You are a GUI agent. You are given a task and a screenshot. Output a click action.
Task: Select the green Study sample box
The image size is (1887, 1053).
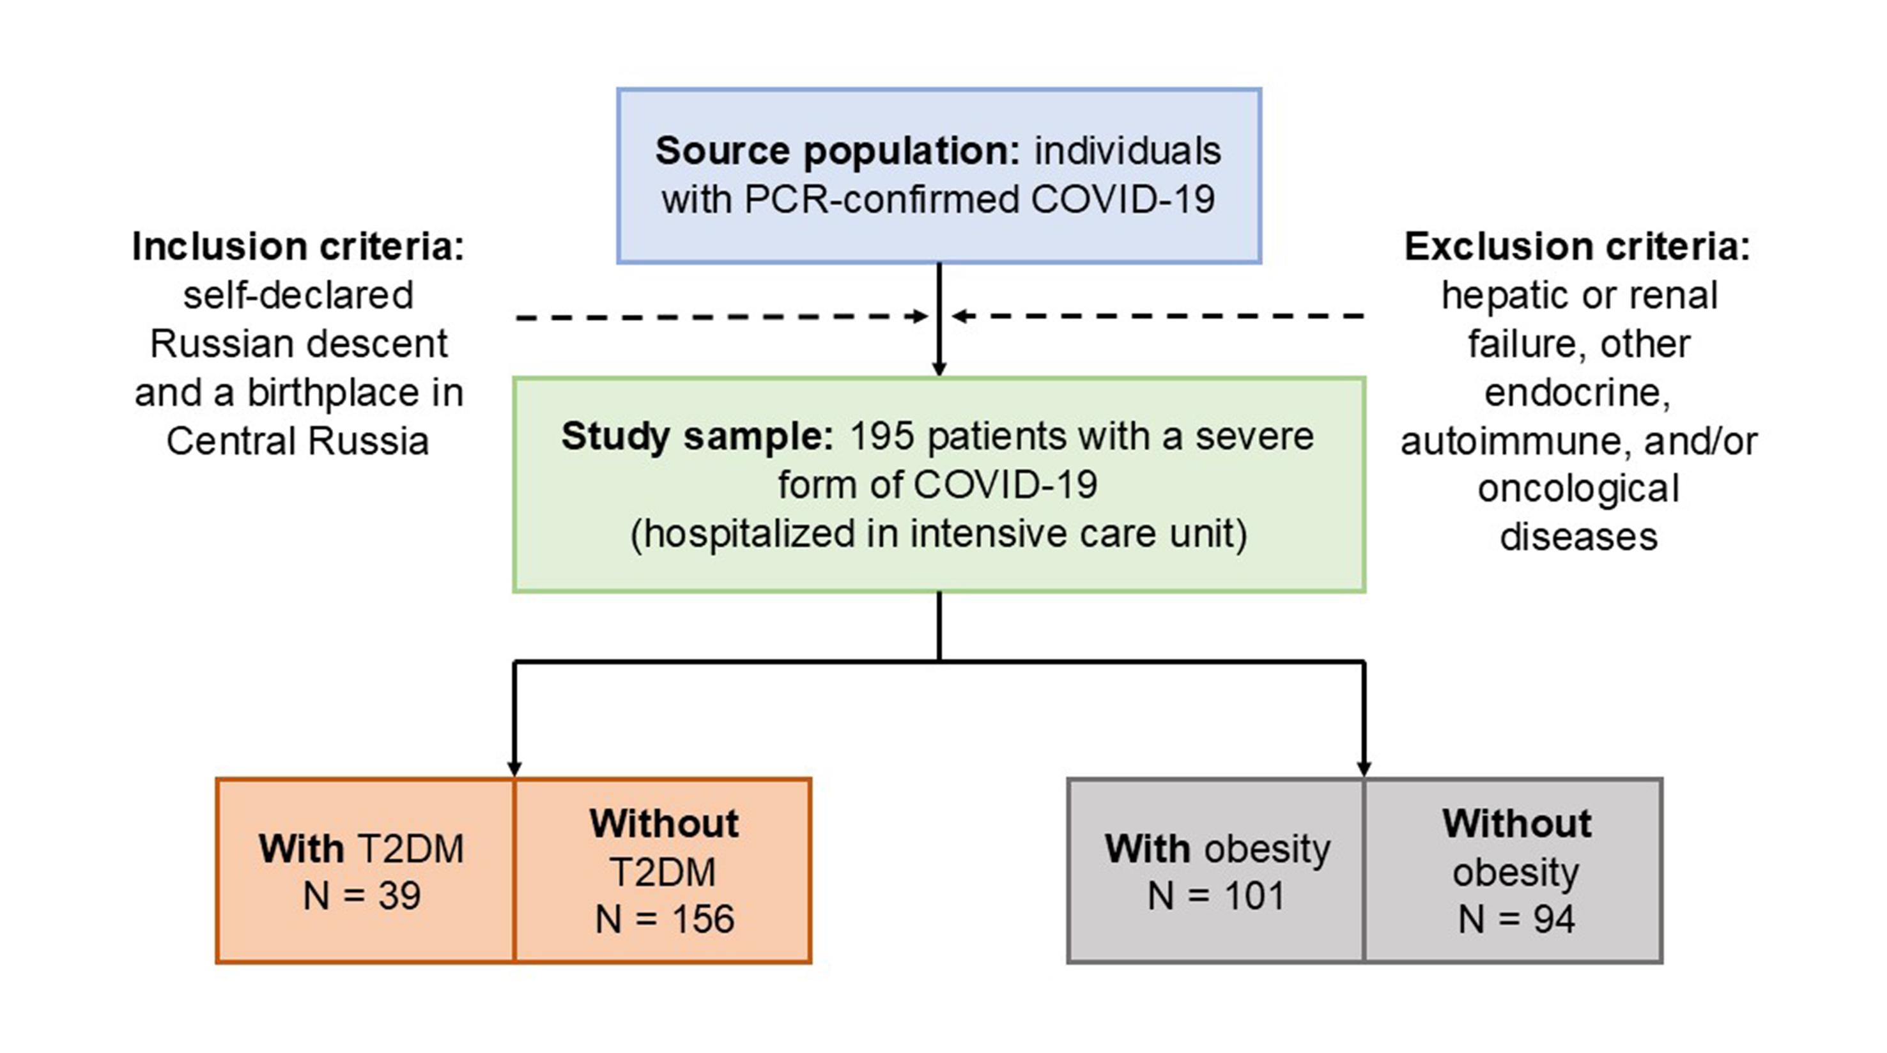pyautogui.click(x=939, y=484)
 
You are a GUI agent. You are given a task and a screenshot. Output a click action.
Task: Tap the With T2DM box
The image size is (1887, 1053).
pyautogui.click(x=366, y=870)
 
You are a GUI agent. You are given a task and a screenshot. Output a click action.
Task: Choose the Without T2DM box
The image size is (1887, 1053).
pyautogui.click(x=663, y=870)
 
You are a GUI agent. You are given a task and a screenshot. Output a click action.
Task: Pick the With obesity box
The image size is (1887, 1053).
pyautogui.click(x=1216, y=870)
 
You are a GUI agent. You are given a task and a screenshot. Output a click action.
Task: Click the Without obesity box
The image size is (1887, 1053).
pyautogui.click(x=1513, y=870)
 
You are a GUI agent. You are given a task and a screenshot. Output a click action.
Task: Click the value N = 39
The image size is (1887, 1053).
pyautogui.click(x=362, y=896)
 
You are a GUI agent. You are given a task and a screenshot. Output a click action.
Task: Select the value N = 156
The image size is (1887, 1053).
pyautogui.click(x=665, y=919)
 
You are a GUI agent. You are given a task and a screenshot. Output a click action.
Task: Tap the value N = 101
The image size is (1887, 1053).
pyautogui.click(x=1216, y=896)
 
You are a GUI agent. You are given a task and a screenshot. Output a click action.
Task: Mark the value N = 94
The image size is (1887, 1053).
pyautogui.click(x=1516, y=919)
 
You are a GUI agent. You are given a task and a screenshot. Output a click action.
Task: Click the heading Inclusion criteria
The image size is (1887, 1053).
pyautogui.click(x=298, y=247)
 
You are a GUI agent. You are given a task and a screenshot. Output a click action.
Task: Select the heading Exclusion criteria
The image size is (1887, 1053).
pyautogui.click(x=1577, y=247)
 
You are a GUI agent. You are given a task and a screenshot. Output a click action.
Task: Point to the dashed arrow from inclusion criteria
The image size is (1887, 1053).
pyautogui.click(x=722, y=317)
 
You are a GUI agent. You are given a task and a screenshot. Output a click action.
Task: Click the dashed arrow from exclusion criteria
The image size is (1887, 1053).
pyautogui.click(x=1157, y=316)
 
